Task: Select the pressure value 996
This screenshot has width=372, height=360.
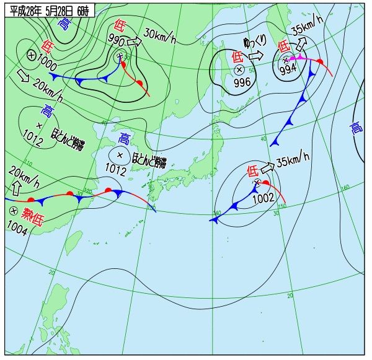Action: (x=242, y=82)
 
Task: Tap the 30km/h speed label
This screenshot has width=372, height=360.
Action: (x=160, y=35)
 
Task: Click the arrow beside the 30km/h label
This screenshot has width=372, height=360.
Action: (x=135, y=42)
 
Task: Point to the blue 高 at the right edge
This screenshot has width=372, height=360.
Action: (x=356, y=128)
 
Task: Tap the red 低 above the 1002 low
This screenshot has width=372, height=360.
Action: (x=252, y=170)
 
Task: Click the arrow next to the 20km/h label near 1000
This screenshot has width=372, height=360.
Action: (x=23, y=76)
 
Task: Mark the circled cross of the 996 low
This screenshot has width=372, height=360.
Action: (x=239, y=69)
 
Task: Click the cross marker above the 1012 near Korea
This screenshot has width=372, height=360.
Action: (x=120, y=155)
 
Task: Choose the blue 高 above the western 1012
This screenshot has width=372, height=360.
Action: (x=46, y=111)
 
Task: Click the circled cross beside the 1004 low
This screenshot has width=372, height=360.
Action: (x=12, y=211)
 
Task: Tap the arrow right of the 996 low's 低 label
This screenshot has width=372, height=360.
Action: (x=257, y=55)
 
